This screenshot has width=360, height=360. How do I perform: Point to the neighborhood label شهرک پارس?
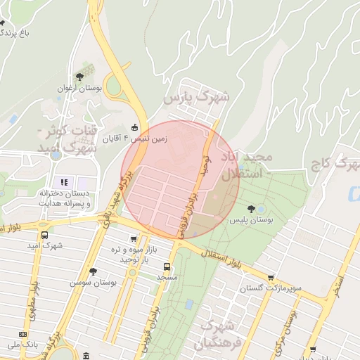pyautogui.click(x=189, y=98)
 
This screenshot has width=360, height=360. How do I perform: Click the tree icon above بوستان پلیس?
pyautogui.click(x=251, y=208)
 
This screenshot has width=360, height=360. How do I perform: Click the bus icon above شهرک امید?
pyautogui.click(x=45, y=236)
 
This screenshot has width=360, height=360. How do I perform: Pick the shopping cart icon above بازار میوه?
pyautogui.click(x=134, y=239)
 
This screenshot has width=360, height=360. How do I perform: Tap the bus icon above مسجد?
pyautogui.click(x=167, y=266)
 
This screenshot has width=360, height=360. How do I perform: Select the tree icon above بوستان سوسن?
pyautogui.click(x=93, y=271)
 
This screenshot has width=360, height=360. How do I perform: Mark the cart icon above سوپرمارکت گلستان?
pyautogui.click(x=271, y=278)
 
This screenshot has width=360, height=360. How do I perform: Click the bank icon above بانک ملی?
pyautogui.click(x=23, y=334)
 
